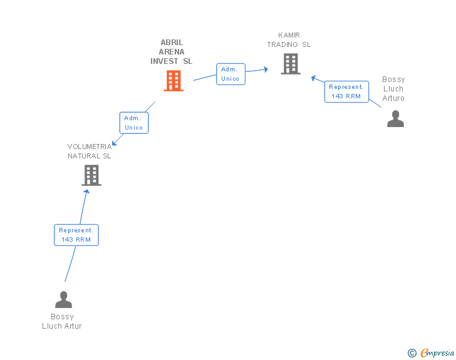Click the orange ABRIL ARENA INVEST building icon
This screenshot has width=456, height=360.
point(174,81)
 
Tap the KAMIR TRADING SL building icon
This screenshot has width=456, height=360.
point(290,64)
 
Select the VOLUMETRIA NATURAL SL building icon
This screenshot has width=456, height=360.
point(91,175)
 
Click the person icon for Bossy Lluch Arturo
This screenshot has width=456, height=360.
point(395,119)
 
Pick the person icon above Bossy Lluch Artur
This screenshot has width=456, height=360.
point(63,300)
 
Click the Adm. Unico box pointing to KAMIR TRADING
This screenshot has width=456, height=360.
point(231,74)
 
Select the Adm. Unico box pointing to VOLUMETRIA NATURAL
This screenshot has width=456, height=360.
point(133,123)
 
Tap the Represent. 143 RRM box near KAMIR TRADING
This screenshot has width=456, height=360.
point(346,91)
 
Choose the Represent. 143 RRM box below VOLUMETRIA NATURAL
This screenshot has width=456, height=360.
point(76,235)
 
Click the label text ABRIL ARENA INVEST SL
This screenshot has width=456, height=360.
point(171,52)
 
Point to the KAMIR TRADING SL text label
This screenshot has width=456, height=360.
point(289,40)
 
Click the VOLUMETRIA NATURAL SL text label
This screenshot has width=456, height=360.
point(90,151)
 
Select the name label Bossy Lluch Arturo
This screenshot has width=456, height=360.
point(393,89)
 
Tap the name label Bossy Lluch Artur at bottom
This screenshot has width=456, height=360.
point(62,321)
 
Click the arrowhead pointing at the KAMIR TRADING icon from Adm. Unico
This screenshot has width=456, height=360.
point(265,69)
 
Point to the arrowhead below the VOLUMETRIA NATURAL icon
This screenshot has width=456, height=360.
point(87,191)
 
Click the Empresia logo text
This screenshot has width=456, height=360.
point(437,353)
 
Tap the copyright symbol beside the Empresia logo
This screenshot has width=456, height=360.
point(412,353)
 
